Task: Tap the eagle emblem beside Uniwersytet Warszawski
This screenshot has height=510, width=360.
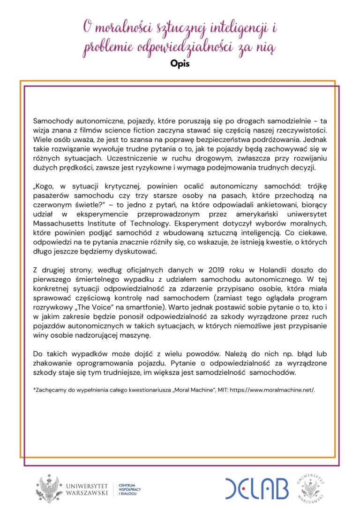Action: (50, 489)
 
